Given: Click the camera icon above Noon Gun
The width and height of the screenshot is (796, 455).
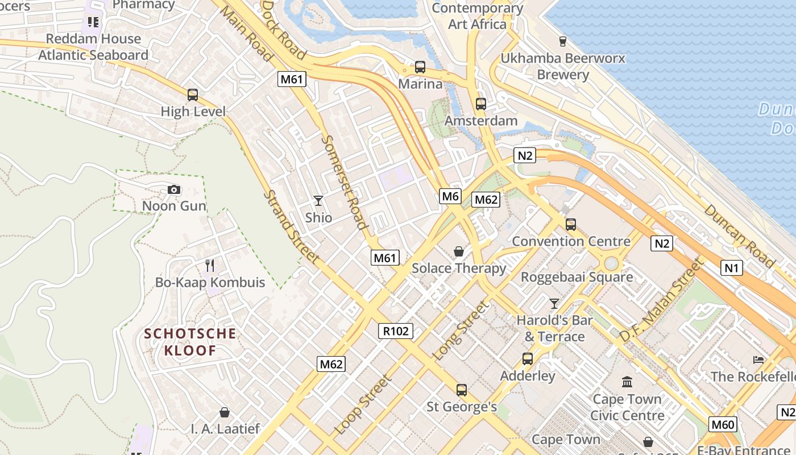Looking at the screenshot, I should pos(174,189).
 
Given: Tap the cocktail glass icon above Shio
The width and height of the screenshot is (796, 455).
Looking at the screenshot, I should pos(318,200).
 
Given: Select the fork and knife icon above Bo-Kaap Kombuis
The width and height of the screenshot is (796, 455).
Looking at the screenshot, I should pos(210,265).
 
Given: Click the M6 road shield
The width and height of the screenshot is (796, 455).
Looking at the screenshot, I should pos(450,197).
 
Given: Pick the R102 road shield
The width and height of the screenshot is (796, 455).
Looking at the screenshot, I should pos(396,331).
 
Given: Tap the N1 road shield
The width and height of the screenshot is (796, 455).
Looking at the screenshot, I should pos(731,267).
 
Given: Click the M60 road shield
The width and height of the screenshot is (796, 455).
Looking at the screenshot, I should pos(723,424).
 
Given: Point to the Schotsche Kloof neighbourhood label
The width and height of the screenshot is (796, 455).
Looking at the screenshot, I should pos(190,341).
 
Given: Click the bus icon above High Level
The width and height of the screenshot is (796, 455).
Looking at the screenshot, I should pos(193,95).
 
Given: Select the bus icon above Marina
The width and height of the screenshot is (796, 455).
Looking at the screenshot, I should pos(420,67).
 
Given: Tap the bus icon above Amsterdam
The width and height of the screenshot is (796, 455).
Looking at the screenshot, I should pos(481,104).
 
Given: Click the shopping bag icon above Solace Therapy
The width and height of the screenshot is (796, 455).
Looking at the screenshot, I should pos(458,251).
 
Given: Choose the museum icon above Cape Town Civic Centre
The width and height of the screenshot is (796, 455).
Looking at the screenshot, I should pos(627,382).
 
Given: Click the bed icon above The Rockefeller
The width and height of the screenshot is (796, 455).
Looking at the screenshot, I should pos(758,359).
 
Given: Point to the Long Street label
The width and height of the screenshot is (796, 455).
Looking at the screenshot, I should pos(461,331).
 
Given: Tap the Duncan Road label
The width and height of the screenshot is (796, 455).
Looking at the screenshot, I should pos(739,235).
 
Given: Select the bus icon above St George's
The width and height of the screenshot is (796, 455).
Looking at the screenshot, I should pos(462,390).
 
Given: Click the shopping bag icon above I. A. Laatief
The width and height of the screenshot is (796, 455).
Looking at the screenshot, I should pos(225,412).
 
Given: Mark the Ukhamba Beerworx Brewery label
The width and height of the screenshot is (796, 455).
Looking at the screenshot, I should pos(562,66).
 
